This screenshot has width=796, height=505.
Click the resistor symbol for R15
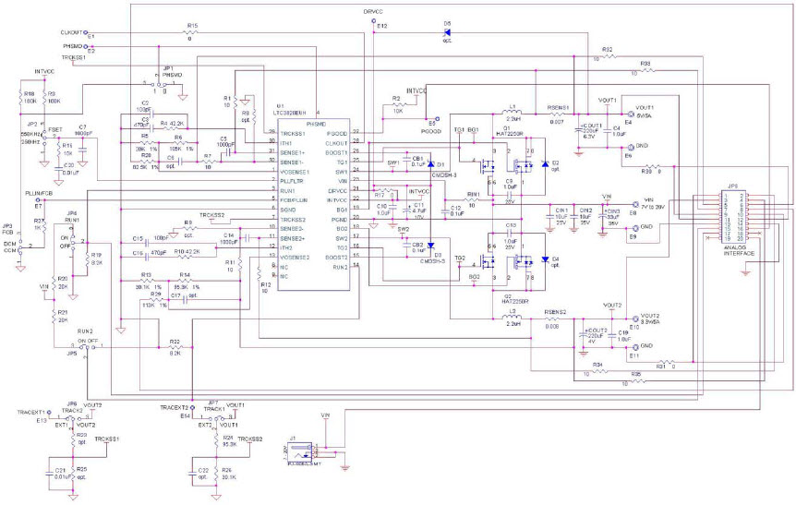point(190,34)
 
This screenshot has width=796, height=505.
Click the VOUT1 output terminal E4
point(625,109)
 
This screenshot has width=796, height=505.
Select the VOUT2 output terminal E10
point(631,316)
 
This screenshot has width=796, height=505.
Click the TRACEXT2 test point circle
point(192,407)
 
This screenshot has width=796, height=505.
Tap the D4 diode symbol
point(545,259)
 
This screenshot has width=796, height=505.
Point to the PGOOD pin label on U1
point(337,134)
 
